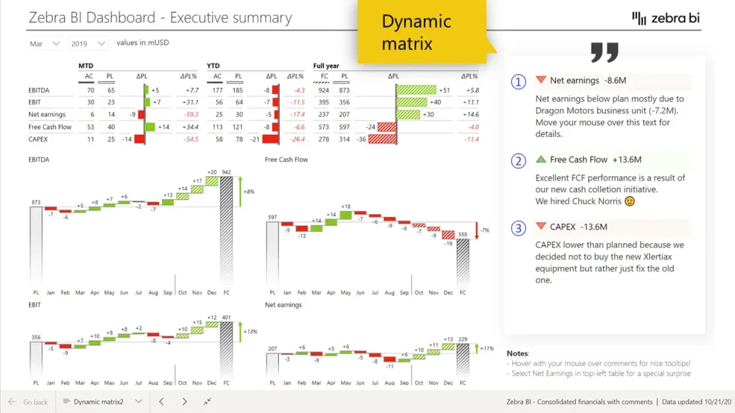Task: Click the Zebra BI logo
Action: point(666,18)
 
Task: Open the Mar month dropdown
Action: point(45,44)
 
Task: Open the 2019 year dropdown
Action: point(88,44)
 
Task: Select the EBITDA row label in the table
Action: point(39,90)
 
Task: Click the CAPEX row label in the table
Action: point(39,139)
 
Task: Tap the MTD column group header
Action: point(86,66)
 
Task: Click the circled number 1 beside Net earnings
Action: point(519,81)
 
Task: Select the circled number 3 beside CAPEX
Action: point(519,228)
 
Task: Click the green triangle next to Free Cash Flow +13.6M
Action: point(541,159)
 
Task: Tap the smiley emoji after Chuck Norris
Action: point(629,201)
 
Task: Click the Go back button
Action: point(29,402)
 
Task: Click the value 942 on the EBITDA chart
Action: point(226,172)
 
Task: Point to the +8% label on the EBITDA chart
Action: point(248,192)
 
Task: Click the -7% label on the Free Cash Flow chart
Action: point(485,230)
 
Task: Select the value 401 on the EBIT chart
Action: point(226,317)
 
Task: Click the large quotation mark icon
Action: point(604,52)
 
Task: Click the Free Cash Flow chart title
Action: point(286,159)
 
